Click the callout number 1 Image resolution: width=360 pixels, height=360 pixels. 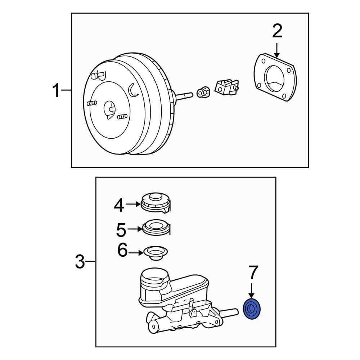pyautogui.click(x=56, y=90)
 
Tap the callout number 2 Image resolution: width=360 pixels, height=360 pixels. pyautogui.click(x=277, y=32)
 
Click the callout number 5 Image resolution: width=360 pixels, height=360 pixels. pyautogui.click(x=121, y=229)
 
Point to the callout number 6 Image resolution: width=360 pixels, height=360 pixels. pyautogui.click(x=123, y=251)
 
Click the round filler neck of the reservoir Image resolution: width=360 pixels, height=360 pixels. pyautogui.click(x=154, y=279)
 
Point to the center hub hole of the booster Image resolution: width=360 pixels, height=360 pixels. pyautogui.click(x=109, y=109)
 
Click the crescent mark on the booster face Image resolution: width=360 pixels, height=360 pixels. pyautogui.click(x=133, y=90)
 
